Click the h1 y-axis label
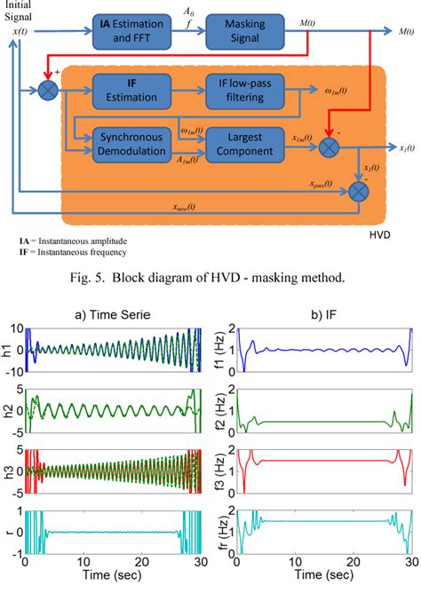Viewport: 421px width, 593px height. coord(8,356)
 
